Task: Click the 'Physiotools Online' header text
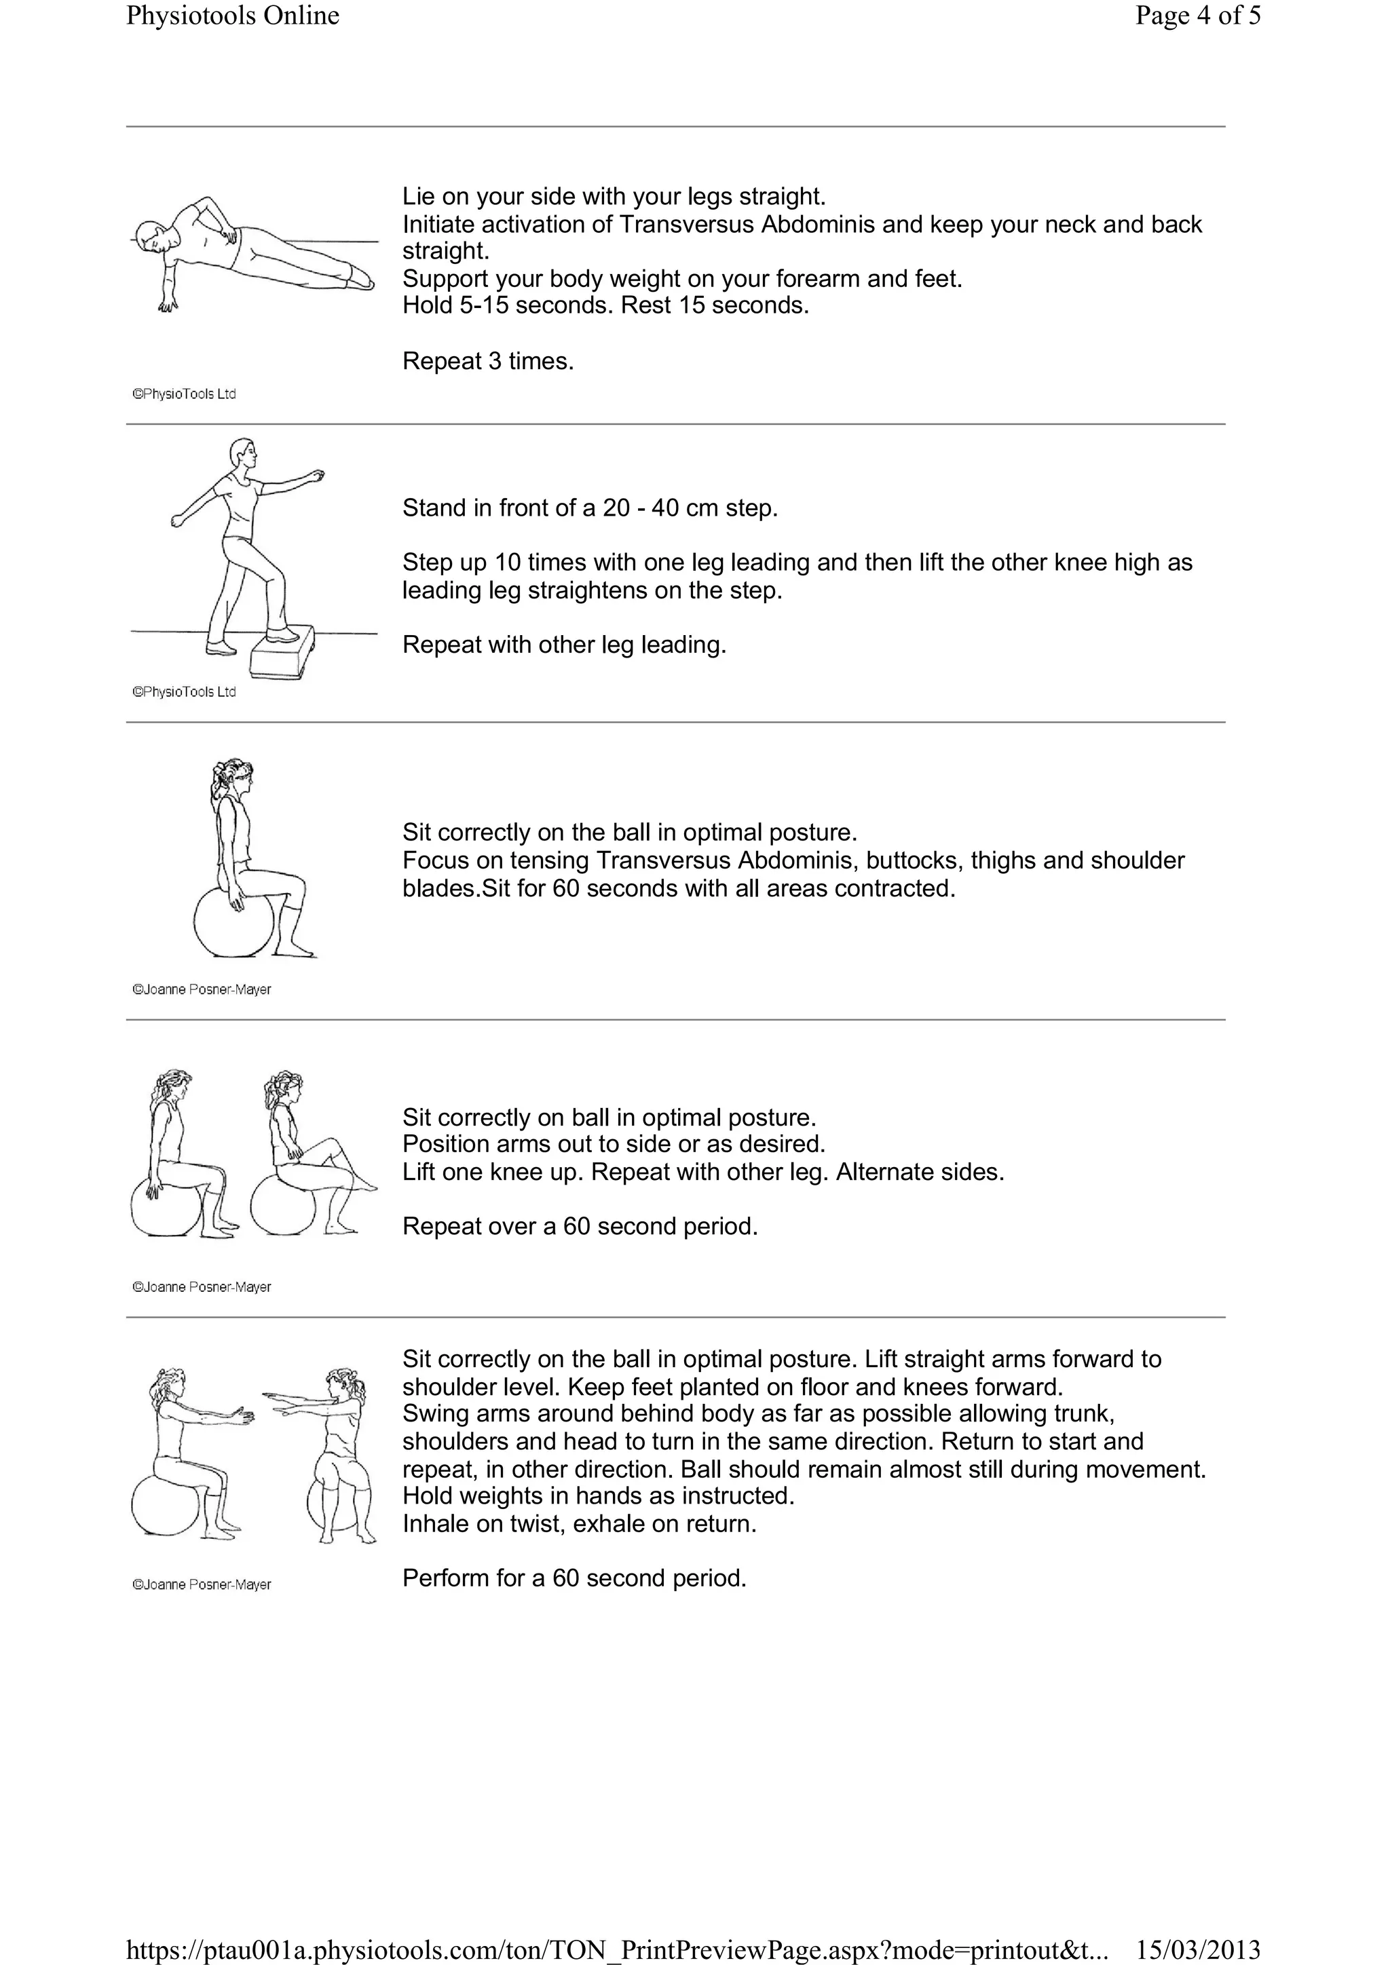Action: [x=233, y=16]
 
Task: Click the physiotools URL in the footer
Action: [x=616, y=1949]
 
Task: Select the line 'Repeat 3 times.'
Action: [x=488, y=361]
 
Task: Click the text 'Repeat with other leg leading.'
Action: [x=564, y=645]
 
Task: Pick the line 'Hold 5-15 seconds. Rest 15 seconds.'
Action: [x=605, y=305]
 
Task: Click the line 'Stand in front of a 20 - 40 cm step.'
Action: [x=590, y=508]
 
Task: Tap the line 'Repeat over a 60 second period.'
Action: [x=580, y=1226]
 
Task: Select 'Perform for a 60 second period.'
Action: [x=574, y=1578]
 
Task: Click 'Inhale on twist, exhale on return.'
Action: [x=580, y=1523]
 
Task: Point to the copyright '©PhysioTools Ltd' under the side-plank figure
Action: [x=184, y=394]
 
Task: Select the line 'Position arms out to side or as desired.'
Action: [x=614, y=1144]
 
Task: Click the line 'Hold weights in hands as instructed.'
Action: [x=598, y=1496]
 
